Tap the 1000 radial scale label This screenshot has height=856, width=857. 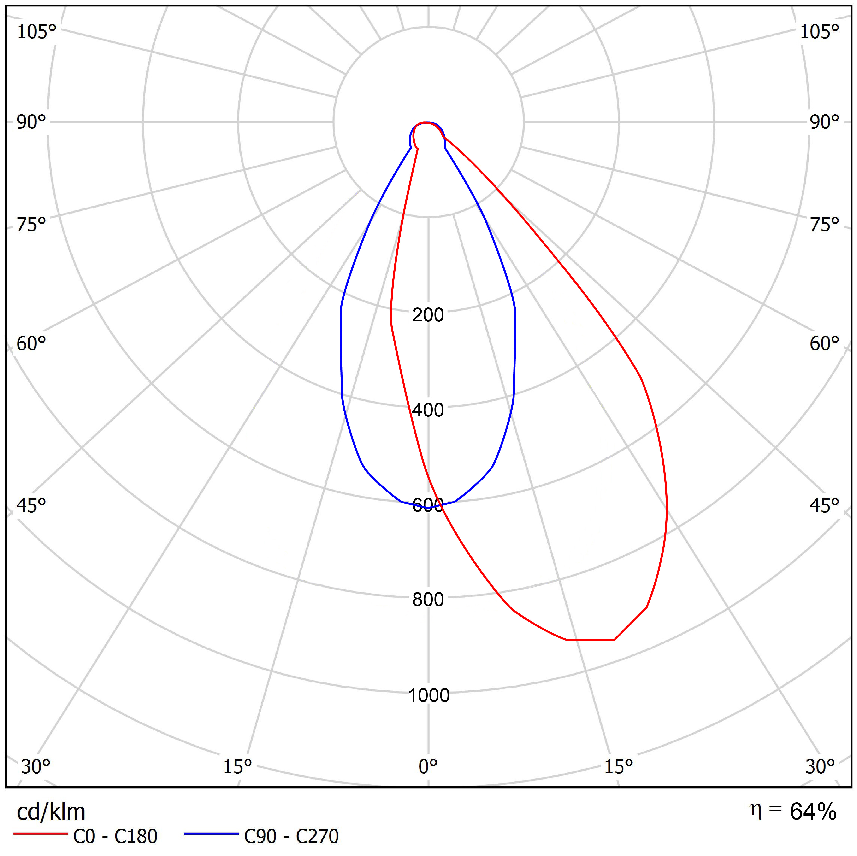click(428, 695)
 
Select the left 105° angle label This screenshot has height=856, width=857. click(36, 32)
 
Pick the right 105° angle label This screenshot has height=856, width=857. click(819, 32)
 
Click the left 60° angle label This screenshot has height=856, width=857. click(31, 344)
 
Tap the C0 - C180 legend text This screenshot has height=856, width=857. click(115, 836)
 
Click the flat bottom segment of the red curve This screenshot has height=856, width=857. click(591, 640)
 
